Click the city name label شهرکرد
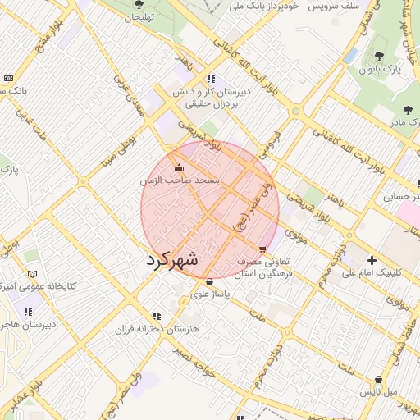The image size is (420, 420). point(172,260)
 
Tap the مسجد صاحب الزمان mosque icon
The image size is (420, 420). point(180,169)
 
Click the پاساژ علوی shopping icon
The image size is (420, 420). point(209,281)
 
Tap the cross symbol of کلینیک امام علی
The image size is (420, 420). point(372,259)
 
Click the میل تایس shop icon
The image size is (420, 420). point(377,379)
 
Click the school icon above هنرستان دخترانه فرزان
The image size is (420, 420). point(156,315)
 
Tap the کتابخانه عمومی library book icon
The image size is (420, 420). point(32,274)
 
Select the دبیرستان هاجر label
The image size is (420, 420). point(26,324)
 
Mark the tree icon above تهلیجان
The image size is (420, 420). point(138,5)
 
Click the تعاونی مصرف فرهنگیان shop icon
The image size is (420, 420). point(262,249)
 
